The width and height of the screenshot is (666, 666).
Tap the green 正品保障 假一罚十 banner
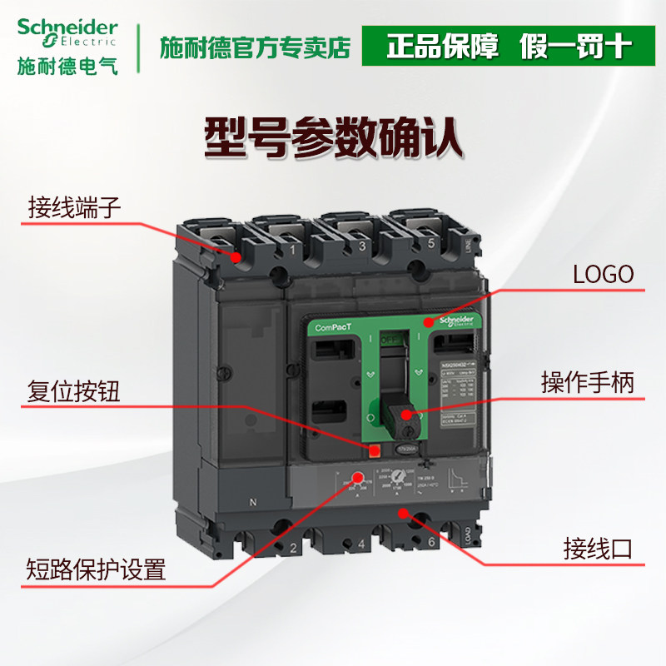coord(508,47)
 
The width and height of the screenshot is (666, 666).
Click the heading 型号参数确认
coord(333,137)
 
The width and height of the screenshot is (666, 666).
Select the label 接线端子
coord(75,206)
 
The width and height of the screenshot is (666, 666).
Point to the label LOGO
coord(604,275)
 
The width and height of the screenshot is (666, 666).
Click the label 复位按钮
coord(74,391)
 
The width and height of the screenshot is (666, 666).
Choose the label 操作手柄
coord(588,383)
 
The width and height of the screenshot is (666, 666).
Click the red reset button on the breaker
coord(375,451)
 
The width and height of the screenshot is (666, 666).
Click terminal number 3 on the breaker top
coord(361,247)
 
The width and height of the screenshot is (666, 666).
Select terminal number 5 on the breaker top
coord(431,245)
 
